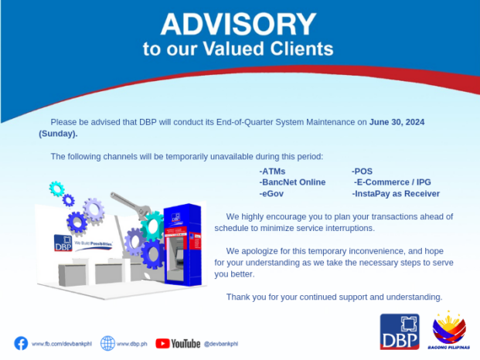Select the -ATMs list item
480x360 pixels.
tap(273, 170)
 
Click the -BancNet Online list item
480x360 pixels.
tap(292, 182)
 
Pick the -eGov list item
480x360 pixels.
tap(272, 193)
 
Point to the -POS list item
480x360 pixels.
tap(363, 170)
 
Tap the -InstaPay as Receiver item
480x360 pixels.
tap(395, 193)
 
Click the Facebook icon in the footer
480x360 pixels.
tap(21, 342)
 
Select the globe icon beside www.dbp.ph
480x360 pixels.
tap(108, 342)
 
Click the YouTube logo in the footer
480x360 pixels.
tap(178, 343)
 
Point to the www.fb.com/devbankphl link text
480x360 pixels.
tap(59, 343)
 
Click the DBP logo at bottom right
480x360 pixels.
tap(400, 331)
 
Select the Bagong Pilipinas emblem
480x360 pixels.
tap(449, 330)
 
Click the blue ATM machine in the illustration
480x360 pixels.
tap(180, 236)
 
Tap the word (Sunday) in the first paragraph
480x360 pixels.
tap(58, 134)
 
